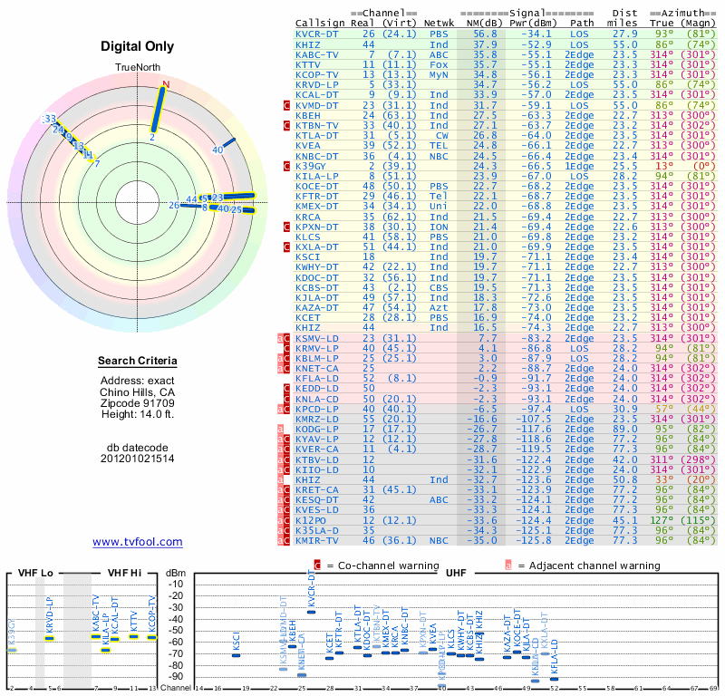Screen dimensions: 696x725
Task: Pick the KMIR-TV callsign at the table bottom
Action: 317,540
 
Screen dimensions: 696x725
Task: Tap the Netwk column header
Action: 439,22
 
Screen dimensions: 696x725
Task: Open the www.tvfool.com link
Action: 138,542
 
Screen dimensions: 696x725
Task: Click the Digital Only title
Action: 138,46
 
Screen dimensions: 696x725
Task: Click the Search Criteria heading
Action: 138,362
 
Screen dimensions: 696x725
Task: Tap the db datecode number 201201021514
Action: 138,459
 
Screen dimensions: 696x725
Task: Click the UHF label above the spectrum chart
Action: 458,574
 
